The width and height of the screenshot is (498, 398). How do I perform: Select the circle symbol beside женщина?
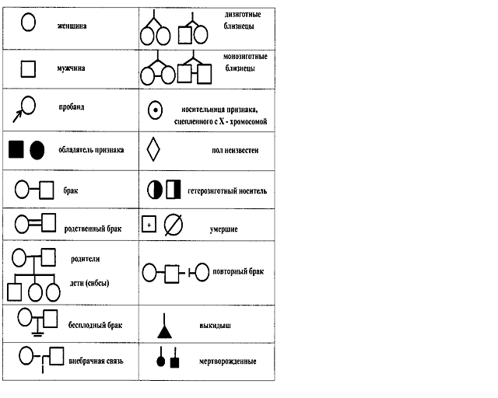click(x=27, y=23)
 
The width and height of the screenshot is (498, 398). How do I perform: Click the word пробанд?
click(x=71, y=106)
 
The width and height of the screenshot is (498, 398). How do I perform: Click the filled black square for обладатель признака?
click(x=16, y=149)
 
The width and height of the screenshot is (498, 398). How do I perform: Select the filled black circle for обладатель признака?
click(x=37, y=149)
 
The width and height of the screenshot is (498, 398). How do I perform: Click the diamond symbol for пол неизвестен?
click(x=153, y=148)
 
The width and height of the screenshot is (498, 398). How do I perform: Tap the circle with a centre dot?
click(x=155, y=110)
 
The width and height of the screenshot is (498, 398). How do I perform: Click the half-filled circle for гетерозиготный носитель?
click(x=154, y=189)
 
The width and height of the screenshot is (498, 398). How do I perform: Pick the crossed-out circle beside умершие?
click(x=174, y=225)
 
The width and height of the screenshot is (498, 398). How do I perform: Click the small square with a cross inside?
click(x=149, y=225)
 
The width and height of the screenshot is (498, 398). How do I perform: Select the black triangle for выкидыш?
click(x=163, y=331)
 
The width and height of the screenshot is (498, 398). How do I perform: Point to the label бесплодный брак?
click(x=96, y=323)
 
